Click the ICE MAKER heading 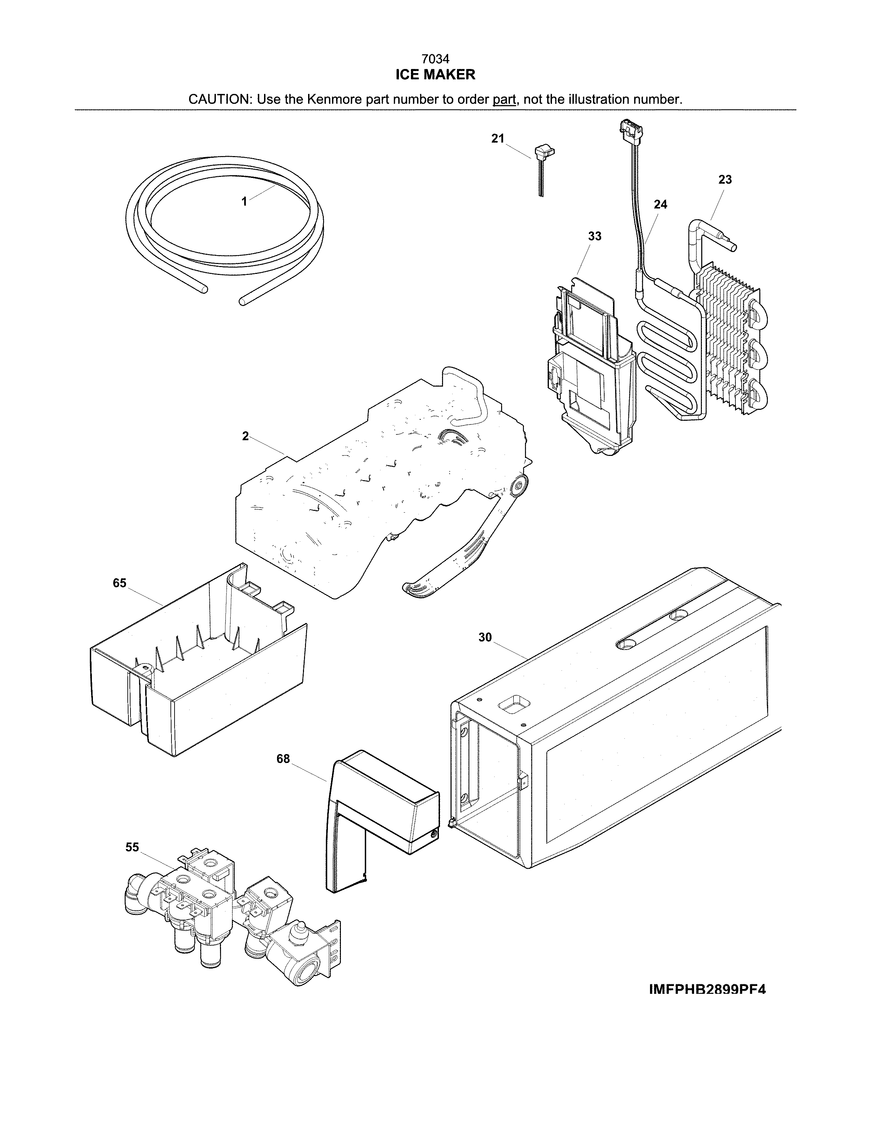[x=435, y=75]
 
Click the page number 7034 [x=435, y=59]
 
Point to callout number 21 [x=497, y=138]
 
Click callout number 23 [x=724, y=180]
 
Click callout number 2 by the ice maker [x=245, y=436]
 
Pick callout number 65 [x=119, y=583]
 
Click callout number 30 [x=485, y=637]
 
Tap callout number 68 [x=283, y=759]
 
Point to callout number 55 [x=132, y=847]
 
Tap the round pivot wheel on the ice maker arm [x=520, y=484]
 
